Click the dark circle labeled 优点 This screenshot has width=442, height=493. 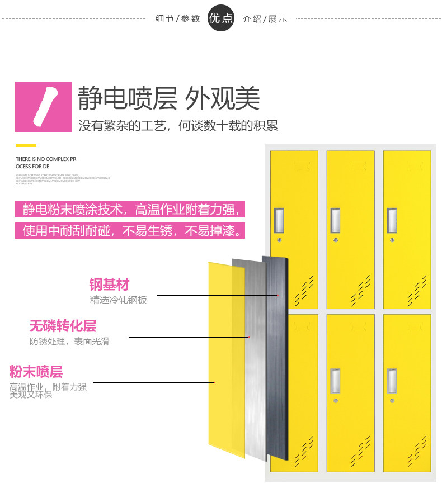221,18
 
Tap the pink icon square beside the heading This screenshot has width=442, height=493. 43,107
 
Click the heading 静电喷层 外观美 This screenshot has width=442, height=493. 169,99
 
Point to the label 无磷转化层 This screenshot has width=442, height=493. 63,326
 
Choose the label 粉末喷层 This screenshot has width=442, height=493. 36,372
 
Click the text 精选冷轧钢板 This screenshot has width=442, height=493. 119,300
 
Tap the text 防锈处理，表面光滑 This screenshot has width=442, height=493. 69,342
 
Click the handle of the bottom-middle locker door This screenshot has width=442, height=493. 335,381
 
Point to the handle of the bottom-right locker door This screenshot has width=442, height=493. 392,381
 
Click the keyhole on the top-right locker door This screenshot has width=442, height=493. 392,240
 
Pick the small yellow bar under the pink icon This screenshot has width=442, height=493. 26,137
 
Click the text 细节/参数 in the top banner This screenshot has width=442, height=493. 177,18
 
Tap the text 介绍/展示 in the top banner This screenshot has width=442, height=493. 265,18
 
